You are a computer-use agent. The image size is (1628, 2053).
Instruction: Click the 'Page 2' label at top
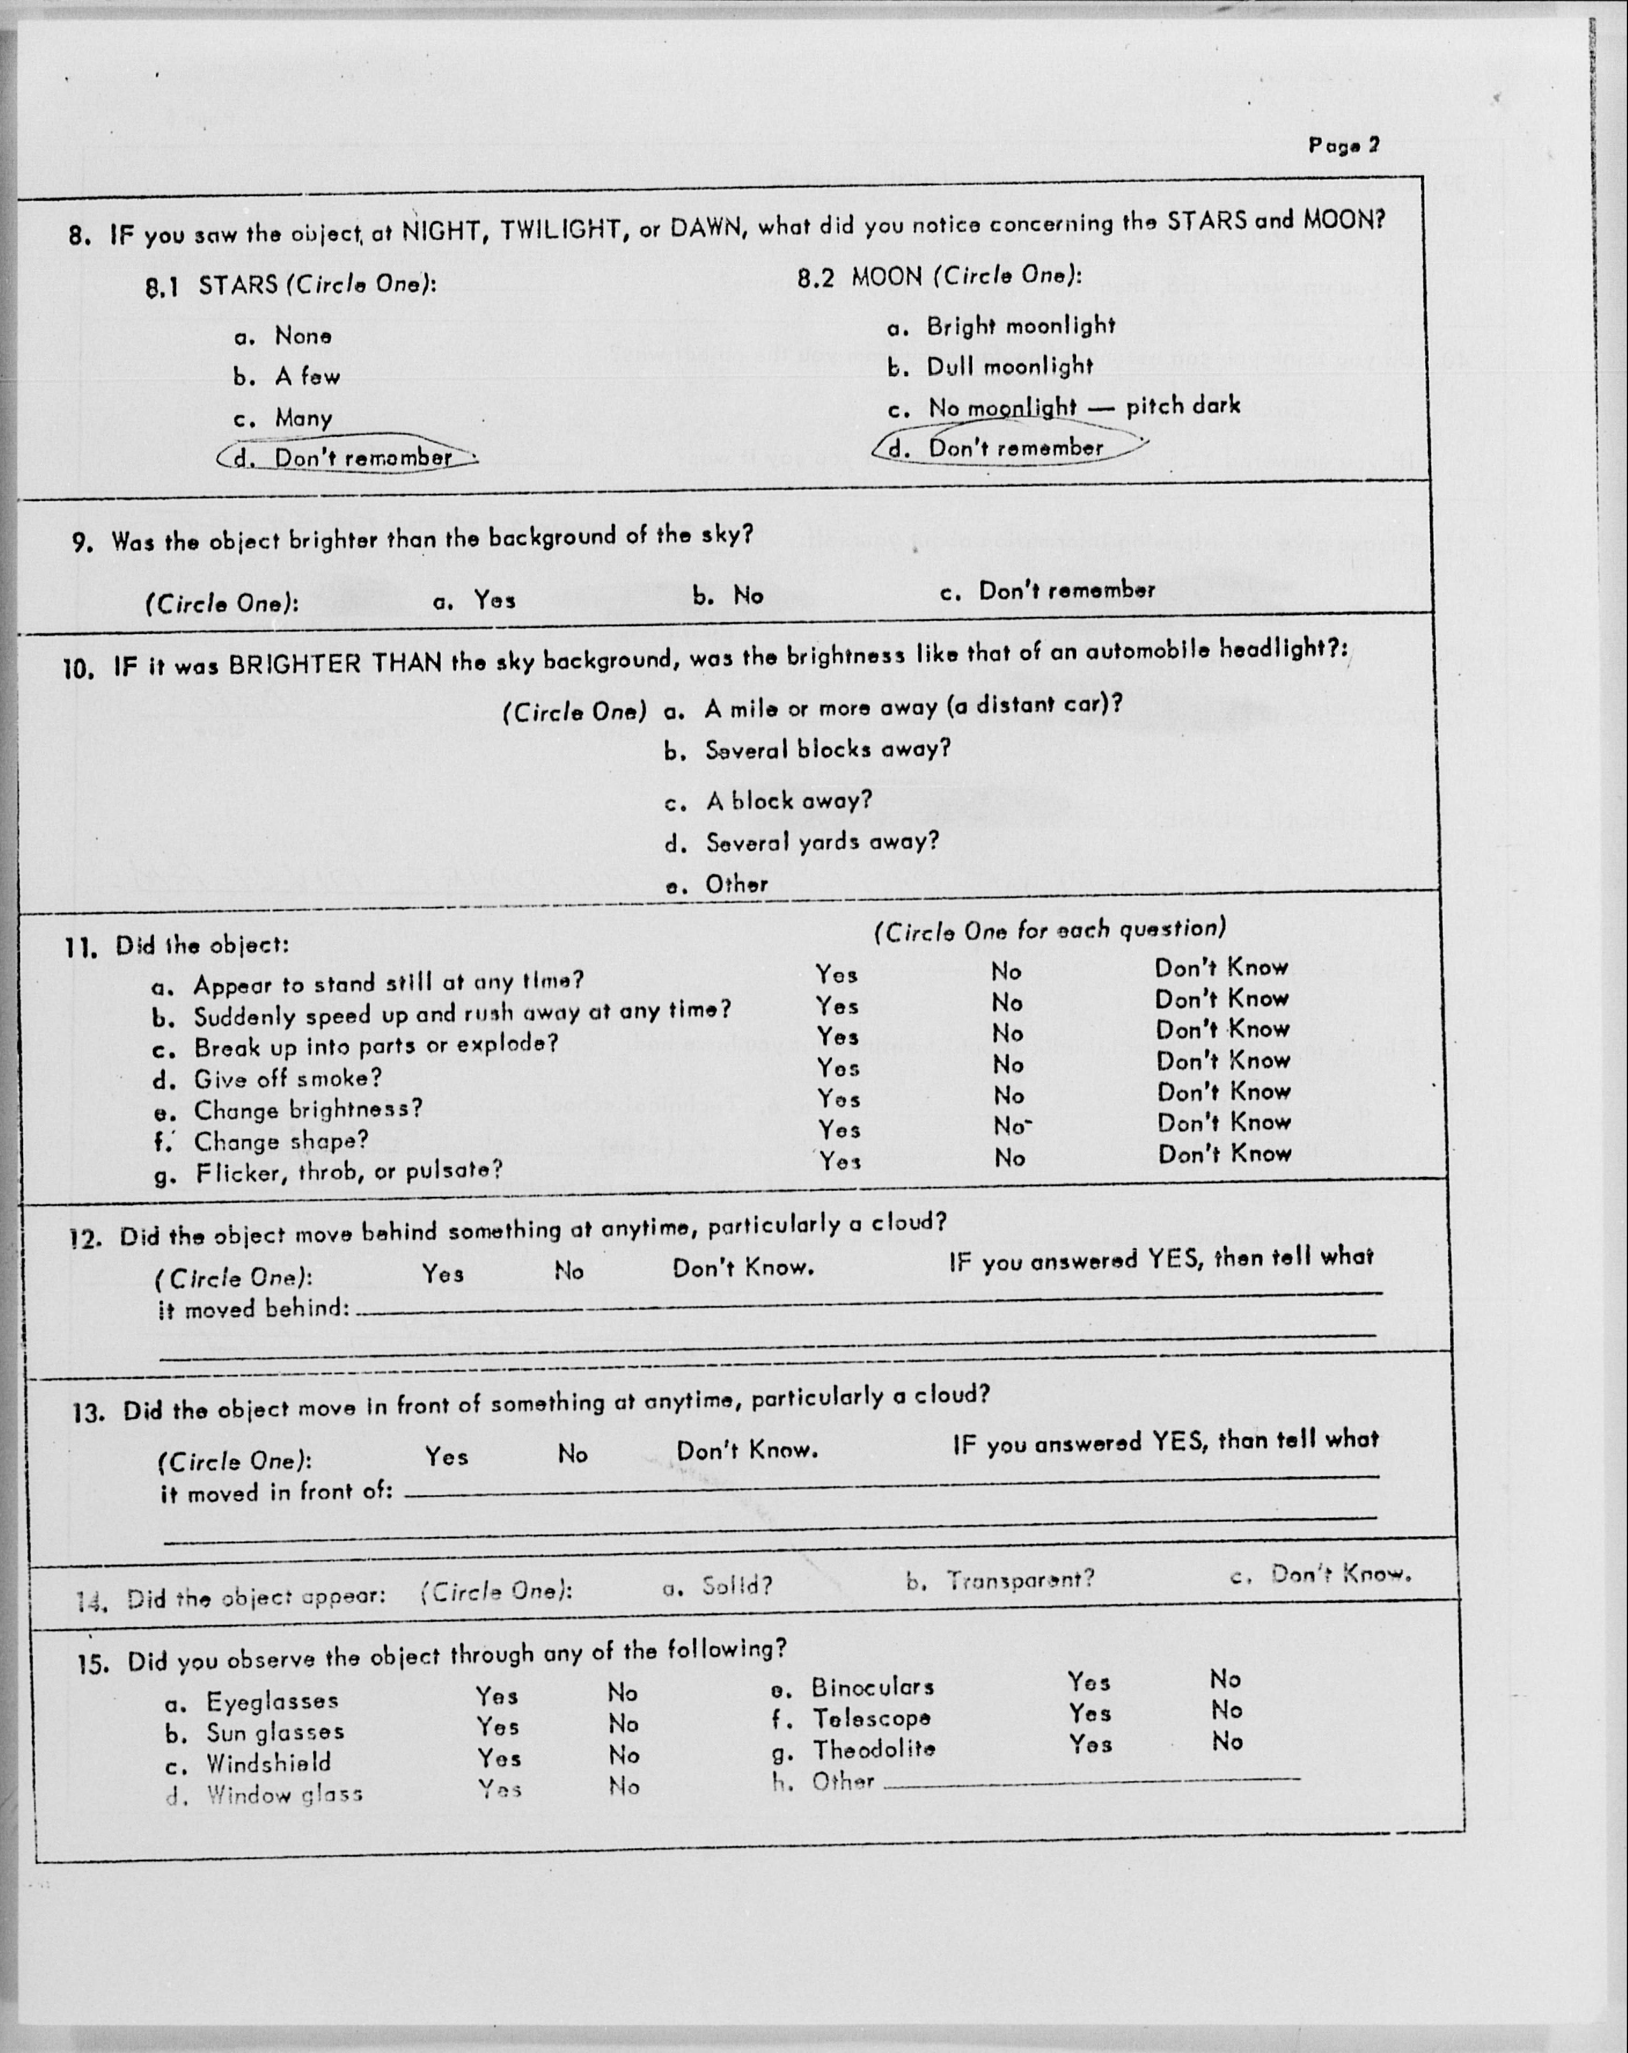click(x=1343, y=146)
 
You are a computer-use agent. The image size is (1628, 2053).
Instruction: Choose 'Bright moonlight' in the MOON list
click(x=1020, y=326)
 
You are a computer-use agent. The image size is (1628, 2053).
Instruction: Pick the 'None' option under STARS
click(x=303, y=336)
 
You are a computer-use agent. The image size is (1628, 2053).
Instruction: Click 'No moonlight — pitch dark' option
click(x=1084, y=407)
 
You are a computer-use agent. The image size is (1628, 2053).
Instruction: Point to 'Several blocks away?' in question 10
click(x=827, y=749)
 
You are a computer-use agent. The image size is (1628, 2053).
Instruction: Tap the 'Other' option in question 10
click(x=735, y=885)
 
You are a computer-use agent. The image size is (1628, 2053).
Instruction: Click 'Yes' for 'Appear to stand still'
click(x=837, y=974)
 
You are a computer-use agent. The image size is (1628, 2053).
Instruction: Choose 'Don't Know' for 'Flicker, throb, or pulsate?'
click(x=1224, y=1154)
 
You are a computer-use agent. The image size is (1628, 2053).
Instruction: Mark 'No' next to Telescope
click(x=1227, y=1710)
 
